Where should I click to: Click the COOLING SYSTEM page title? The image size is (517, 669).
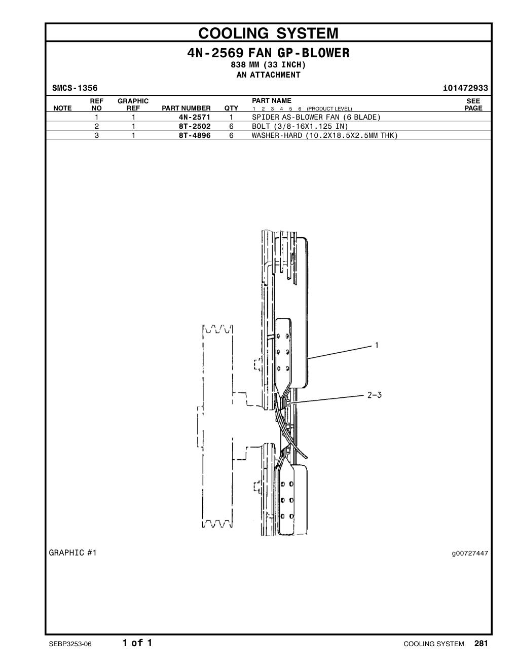(268, 33)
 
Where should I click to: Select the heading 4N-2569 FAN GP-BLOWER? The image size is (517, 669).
(268, 53)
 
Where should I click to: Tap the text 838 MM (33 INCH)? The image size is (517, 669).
(268, 65)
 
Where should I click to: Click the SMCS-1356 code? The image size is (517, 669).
(75, 88)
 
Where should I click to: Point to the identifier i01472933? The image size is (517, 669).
(465, 88)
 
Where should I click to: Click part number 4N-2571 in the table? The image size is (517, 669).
(195, 117)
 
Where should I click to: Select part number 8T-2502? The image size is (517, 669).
(195, 126)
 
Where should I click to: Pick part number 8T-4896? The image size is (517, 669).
(195, 135)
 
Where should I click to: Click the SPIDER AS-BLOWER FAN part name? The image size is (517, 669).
(316, 117)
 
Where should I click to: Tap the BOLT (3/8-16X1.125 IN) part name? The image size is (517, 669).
(300, 127)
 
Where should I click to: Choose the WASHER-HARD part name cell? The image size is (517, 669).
(325, 135)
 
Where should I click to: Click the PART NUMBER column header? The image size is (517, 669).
(187, 108)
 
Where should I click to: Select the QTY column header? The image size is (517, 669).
(231, 108)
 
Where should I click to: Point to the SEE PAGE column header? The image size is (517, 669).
(473, 105)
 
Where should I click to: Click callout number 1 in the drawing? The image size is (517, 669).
(376, 346)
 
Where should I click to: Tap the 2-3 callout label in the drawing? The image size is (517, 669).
(375, 395)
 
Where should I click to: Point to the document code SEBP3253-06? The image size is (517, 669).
(70, 644)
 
